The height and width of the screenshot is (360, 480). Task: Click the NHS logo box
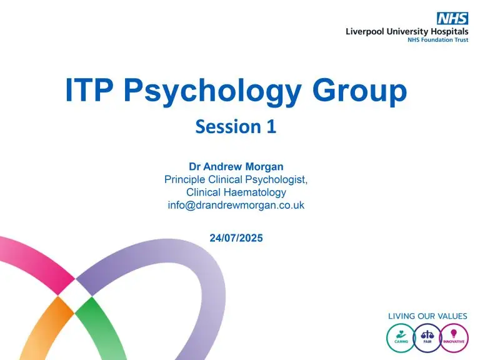452,18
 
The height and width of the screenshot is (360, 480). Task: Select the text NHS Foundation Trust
437,40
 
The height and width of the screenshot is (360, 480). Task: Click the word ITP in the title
89,90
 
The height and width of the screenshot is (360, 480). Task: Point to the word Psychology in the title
212,92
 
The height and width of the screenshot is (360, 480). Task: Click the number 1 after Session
271,127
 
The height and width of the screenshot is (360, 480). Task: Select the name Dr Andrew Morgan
236,166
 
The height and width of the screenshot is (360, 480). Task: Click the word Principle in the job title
184,179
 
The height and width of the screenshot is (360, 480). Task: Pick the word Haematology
255,192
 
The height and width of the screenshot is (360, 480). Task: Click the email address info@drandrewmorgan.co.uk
236,205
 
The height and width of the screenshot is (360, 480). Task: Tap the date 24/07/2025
236,238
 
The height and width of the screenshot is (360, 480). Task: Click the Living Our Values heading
427,316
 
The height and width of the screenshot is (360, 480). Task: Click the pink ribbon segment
37,260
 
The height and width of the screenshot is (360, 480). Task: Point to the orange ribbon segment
46,331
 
